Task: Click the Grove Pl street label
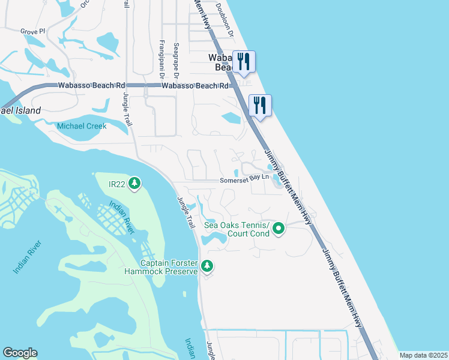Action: [x=32, y=31]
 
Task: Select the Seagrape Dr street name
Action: [x=176, y=61]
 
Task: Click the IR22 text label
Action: [x=117, y=183]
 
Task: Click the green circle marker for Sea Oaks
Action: [x=279, y=229]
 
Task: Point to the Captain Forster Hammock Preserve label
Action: [x=169, y=268]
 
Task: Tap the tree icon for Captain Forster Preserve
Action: [x=207, y=265]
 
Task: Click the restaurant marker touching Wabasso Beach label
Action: [x=244, y=62]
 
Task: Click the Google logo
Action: [x=20, y=353]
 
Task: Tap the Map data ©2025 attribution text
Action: [x=423, y=355]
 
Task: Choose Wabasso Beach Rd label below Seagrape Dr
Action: [x=196, y=86]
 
